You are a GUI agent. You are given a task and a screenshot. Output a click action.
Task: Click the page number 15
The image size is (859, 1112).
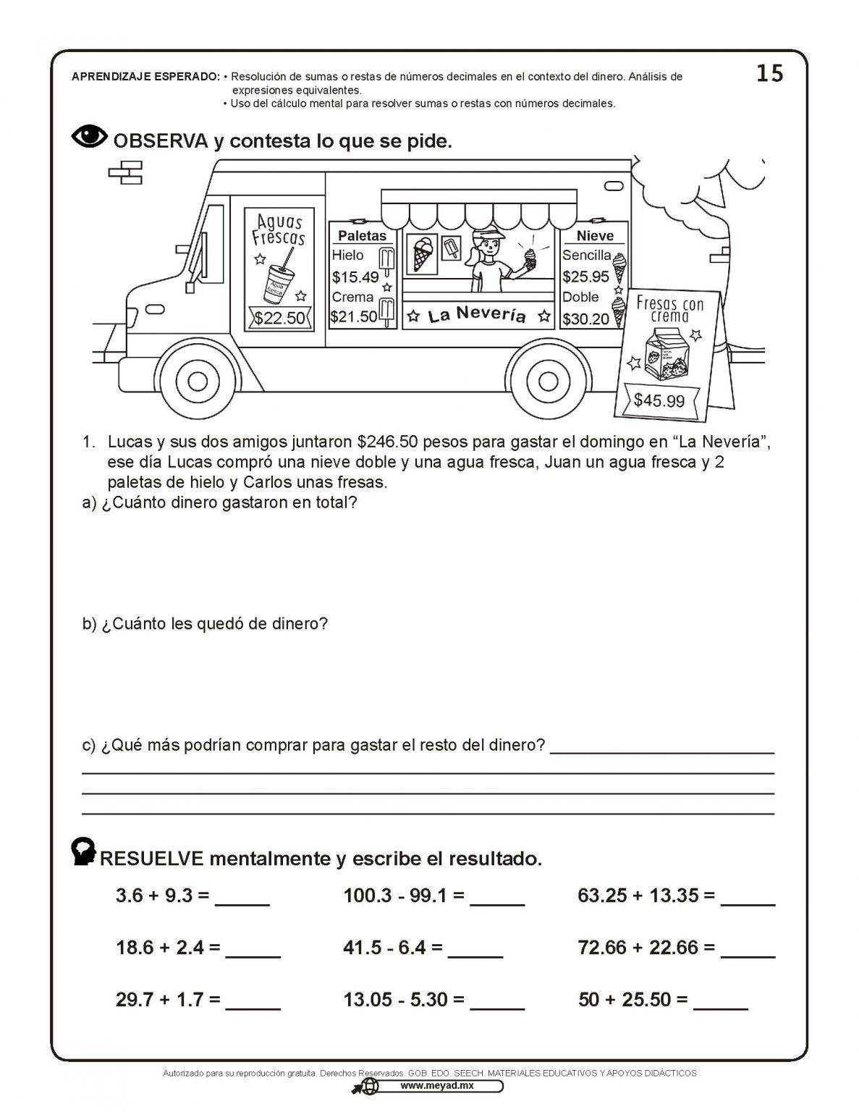[769, 74]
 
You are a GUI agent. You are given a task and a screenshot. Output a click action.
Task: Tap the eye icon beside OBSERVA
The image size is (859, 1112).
[90, 137]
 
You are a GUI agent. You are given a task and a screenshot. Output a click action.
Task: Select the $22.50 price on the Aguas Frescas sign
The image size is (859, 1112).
[279, 318]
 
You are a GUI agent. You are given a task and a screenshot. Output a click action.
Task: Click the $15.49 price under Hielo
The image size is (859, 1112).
[355, 277]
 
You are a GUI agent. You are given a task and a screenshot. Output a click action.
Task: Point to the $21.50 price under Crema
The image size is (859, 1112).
[354, 316]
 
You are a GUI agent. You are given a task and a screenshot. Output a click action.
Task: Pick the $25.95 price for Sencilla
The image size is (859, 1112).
[585, 276]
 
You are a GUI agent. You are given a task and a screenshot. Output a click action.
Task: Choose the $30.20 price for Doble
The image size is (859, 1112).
[585, 319]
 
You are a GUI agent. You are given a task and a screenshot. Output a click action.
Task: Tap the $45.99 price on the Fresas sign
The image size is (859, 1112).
[659, 400]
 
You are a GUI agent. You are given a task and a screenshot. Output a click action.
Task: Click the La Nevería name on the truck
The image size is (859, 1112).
[476, 316]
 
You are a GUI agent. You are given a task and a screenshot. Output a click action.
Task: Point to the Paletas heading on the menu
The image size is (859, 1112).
[362, 236]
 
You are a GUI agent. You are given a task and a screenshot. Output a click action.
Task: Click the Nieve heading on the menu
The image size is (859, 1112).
[595, 236]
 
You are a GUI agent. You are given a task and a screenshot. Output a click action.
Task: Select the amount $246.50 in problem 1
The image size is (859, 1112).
[389, 442]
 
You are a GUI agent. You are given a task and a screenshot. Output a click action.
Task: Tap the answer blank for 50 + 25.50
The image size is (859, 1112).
[720, 1001]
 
